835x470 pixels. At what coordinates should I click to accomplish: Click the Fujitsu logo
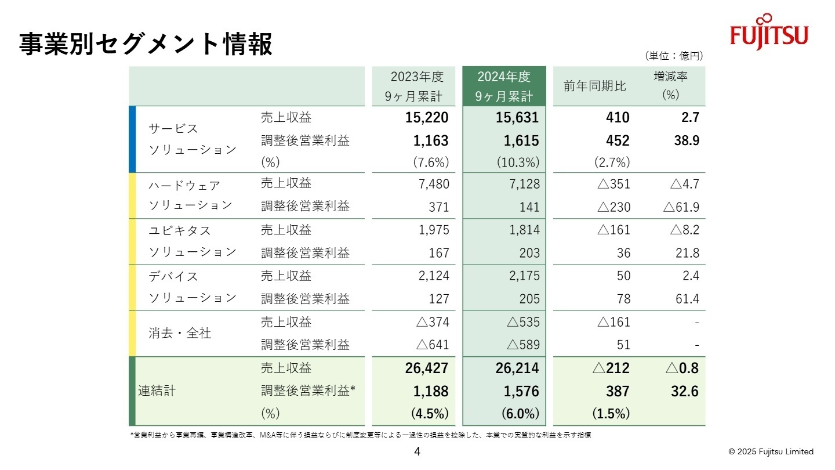coord(769,33)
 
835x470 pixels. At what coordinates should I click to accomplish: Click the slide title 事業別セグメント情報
coord(146,45)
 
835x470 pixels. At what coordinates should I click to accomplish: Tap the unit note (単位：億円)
coord(673,56)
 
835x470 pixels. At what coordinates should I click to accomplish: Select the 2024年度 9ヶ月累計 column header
coord(503,86)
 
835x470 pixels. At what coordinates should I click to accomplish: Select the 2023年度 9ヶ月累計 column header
coord(416,86)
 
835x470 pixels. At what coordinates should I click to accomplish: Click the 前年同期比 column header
coord(595,86)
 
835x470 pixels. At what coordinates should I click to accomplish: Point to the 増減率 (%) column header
coord(670,86)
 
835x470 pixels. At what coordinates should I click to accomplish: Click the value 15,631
coord(517,118)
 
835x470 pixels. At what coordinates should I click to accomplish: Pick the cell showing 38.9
coord(685,140)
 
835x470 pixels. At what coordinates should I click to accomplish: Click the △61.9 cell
coord(684,207)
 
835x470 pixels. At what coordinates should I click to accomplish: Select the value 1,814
coord(524,230)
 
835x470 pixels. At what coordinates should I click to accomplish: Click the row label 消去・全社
coord(180,334)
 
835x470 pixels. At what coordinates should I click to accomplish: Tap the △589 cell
coord(523,345)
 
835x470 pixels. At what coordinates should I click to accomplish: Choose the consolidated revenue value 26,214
coord(517,368)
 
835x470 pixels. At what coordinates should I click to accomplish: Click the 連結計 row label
coord(156,391)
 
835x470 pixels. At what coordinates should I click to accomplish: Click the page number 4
coord(417,452)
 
